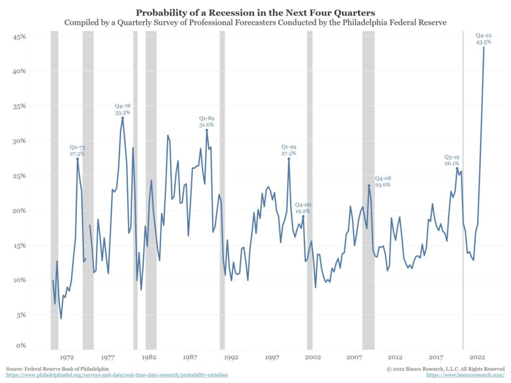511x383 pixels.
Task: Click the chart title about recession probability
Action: pos(255,12)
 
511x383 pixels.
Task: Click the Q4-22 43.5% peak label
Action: pos(483,39)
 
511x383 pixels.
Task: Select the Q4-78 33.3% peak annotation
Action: pos(122,109)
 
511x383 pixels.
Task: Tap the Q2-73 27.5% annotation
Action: pos(77,151)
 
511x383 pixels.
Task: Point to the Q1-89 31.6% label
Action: pos(207,121)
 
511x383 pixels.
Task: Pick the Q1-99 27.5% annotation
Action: pos(288,150)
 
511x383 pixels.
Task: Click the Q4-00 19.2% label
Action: pos(302,207)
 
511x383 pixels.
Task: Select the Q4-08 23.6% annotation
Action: pos(382,181)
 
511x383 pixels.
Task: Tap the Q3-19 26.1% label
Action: pos(452,160)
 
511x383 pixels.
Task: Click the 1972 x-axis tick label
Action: pos(67,357)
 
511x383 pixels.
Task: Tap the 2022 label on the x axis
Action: pos(478,357)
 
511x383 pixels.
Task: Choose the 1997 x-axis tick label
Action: pos(272,357)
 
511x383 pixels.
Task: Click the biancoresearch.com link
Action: pos(466,375)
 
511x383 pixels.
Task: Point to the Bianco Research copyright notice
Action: pos(446,369)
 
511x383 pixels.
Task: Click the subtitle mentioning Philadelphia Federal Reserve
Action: pos(255,22)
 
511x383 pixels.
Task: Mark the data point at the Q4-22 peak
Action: pos(483,47)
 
